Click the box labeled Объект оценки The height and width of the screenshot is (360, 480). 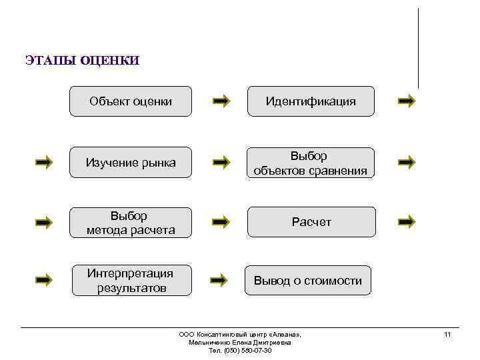(131, 101)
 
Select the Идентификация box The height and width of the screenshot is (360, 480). (311, 101)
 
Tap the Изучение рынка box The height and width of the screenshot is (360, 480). (131, 162)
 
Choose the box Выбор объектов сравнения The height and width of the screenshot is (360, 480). (311, 163)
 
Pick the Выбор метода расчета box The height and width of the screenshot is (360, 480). (131, 223)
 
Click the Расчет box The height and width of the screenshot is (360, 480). (311, 222)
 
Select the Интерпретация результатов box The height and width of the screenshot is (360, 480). (131, 280)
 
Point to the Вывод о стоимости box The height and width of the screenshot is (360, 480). (308, 281)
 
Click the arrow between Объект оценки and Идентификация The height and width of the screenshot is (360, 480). (222, 101)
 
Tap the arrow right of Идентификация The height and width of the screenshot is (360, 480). (406, 101)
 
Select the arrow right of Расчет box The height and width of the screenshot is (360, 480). (406, 221)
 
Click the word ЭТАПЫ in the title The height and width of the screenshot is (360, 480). (51, 61)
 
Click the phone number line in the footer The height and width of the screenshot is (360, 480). (240, 351)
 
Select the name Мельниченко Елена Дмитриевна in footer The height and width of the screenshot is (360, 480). (240, 342)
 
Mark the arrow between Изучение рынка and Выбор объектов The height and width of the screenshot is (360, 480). (222, 162)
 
